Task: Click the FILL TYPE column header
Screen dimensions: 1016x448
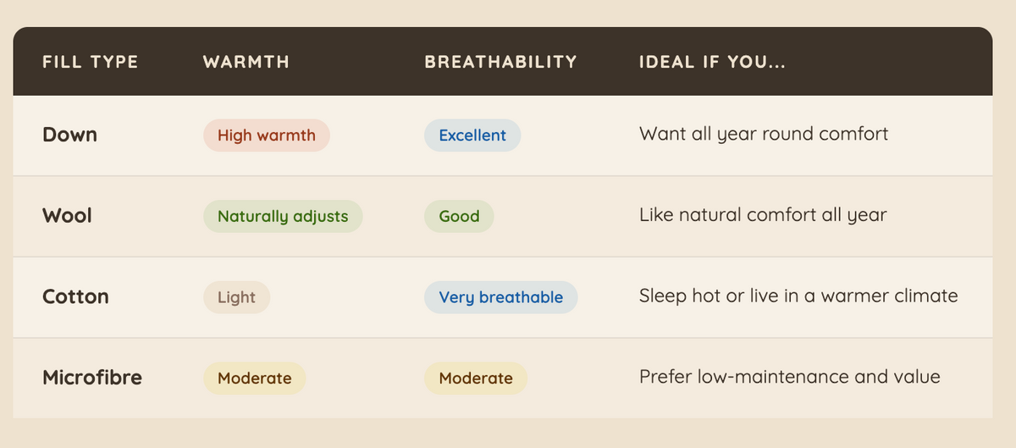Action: [91, 62]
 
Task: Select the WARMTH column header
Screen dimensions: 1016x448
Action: [246, 62]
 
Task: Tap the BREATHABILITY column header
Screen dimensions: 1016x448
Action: [500, 62]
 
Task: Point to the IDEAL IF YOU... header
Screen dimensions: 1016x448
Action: [712, 62]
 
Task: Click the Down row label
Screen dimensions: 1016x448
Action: [69, 135]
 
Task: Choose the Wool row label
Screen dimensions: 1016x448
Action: [67, 216]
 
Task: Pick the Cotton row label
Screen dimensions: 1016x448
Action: [75, 297]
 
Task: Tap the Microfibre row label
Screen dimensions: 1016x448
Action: [92, 378]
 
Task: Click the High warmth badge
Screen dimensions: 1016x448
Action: [267, 136]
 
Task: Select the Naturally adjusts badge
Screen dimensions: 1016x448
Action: [283, 216]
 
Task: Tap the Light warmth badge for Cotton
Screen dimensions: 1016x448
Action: [237, 297]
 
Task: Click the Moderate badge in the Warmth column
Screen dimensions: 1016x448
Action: [255, 378]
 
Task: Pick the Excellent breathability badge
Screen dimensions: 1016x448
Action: [472, 136]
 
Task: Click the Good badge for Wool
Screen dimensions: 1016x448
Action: [459, 216]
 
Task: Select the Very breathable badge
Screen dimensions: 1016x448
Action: [500, 297]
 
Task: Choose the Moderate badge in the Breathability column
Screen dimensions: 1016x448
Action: [476, 378]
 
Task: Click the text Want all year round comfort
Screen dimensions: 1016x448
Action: [764, 135]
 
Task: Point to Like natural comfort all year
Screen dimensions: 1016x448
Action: [763, 215]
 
